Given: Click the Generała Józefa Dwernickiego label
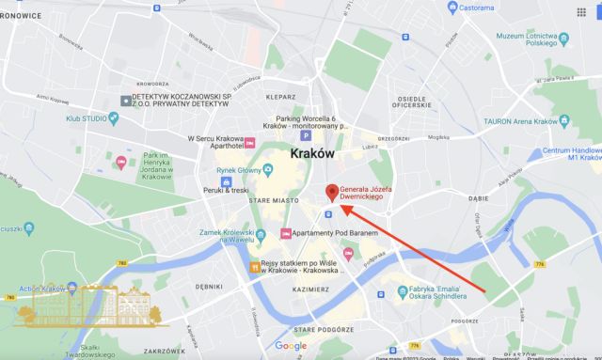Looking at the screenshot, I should coord(373,191).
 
